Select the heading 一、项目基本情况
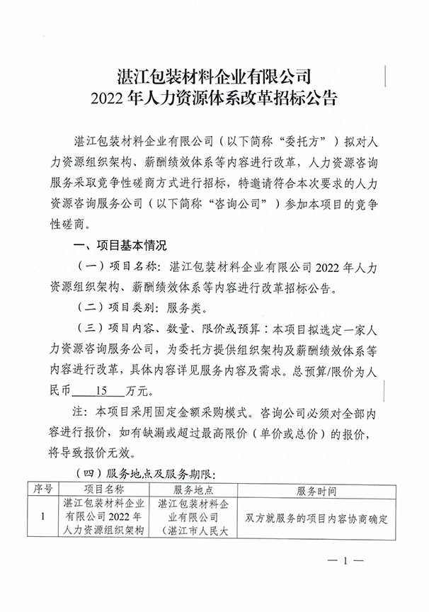coord(120,247)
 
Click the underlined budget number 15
coord(105,390)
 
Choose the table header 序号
coord(43,489)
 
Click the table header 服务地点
coord(193,489)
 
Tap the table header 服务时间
coord(315,489)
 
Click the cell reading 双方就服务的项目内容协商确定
coord(315,518)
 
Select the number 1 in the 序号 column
coord(43,518)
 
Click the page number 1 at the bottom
coord(346,561)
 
